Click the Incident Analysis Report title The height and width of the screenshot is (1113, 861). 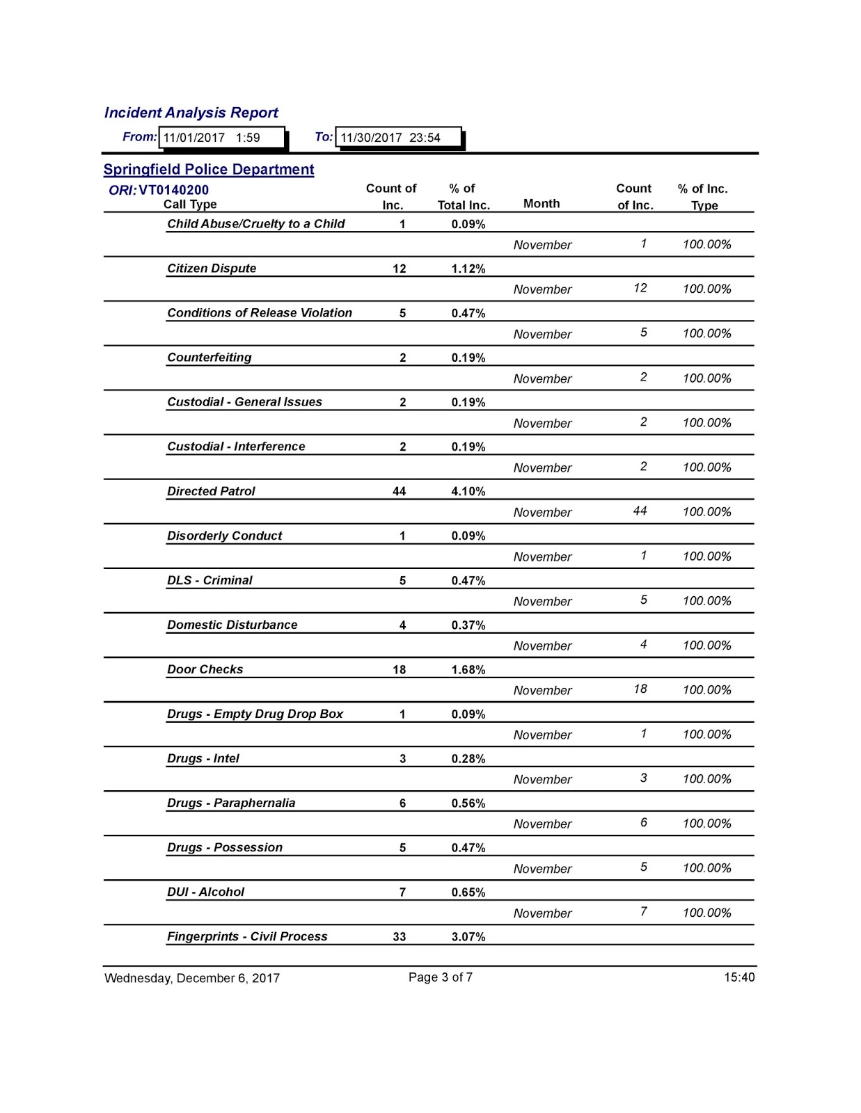tap(191, 113)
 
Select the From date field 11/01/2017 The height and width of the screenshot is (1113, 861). tap(221, 138)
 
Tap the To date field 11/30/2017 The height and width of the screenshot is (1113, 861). tap(397, 138)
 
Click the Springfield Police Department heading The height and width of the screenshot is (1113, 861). tap(208, 170)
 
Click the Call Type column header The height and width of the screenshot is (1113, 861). tap(190, 205)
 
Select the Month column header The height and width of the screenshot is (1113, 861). tap(541, 204)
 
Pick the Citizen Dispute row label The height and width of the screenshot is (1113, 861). tap(212, 269)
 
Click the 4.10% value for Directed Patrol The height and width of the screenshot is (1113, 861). tap(468, 491)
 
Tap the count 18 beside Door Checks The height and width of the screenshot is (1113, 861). tap(399, 670)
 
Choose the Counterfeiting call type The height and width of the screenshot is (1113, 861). tap(209, 358)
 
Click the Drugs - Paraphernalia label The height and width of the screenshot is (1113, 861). tap(230, 803)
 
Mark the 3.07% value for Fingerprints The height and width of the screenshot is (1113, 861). tap(468, 937)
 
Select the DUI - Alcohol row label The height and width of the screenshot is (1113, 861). tap(205, 892)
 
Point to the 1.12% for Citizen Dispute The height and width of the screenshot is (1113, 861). tap(468, 269)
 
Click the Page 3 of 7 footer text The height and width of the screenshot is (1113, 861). tap(440, 977)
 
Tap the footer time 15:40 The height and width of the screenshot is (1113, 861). tap(738, 977)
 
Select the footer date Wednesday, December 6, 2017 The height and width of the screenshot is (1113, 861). tap(192, 978)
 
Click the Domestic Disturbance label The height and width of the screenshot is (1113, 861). tap(232, 625)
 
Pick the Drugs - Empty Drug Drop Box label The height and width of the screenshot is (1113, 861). tap(255, 714)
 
